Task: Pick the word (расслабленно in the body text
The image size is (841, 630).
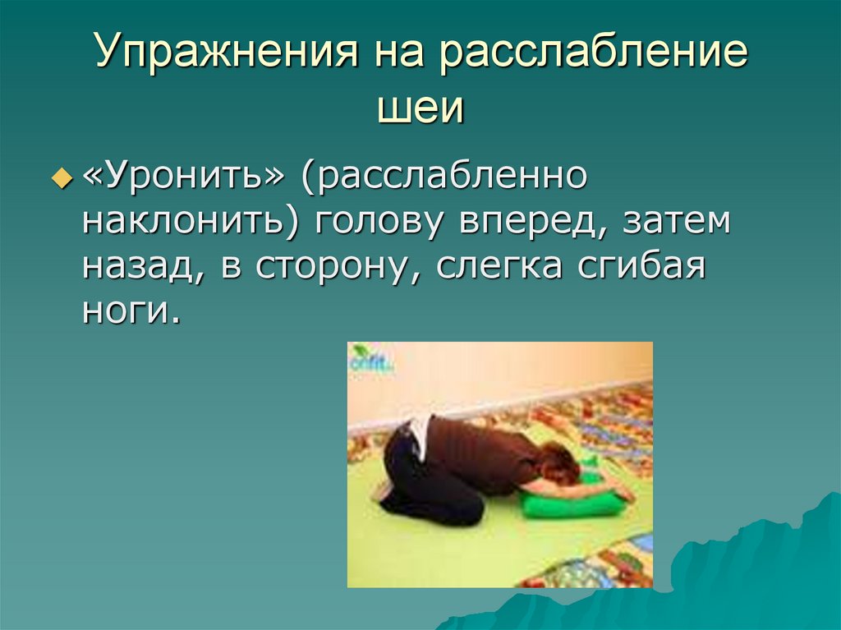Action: click(443, 177)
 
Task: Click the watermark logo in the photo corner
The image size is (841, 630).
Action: click(370, 361)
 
